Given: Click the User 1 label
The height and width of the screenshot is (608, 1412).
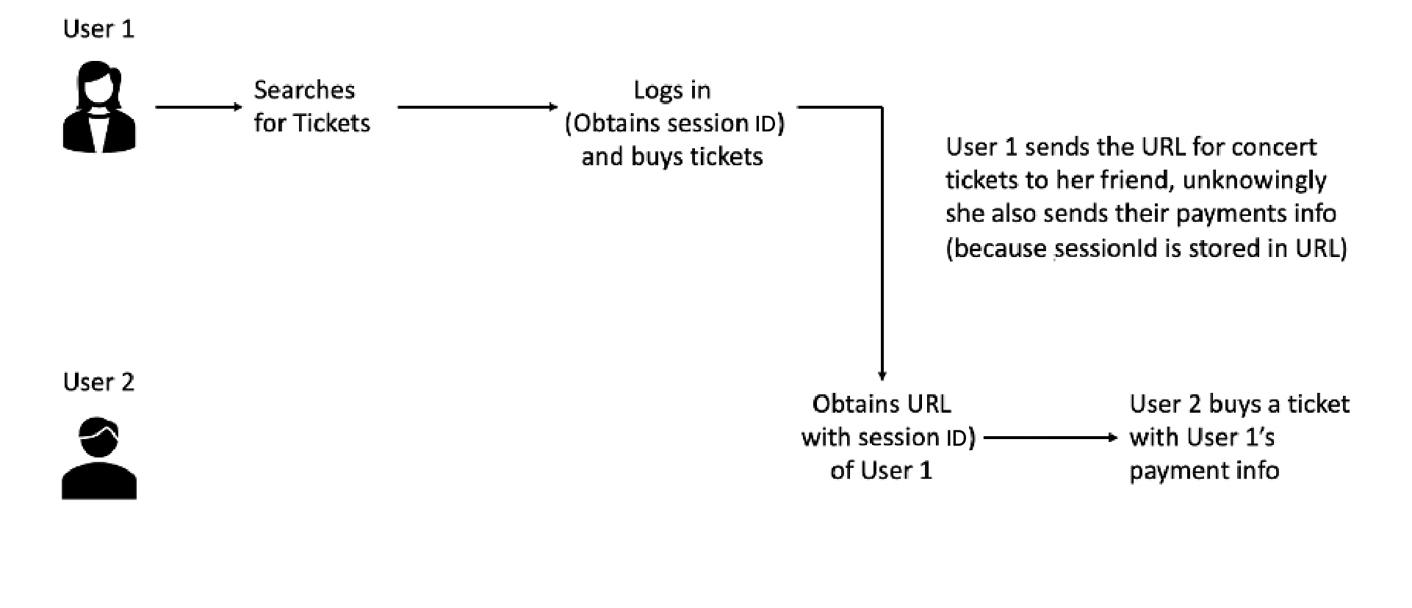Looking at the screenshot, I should coord(98,29).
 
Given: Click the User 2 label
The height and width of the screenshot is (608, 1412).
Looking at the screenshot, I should coord(98,383).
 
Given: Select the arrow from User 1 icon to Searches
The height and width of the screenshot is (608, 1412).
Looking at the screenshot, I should coord(198,107).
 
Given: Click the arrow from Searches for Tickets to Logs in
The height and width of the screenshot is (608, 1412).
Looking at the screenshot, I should coord(478,107).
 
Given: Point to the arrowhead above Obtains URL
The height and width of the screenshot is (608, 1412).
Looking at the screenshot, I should coord(882,374).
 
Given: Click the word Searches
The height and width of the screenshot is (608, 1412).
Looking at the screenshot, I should coord(304,90).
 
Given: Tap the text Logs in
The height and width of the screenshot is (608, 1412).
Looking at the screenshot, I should coord(672,90).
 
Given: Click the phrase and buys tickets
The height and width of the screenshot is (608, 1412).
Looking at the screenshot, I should coord(672,156).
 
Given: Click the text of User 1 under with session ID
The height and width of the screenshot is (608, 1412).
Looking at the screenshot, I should coord(881,470).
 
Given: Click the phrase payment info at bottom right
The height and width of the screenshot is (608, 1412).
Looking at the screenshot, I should coord(1204,470).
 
